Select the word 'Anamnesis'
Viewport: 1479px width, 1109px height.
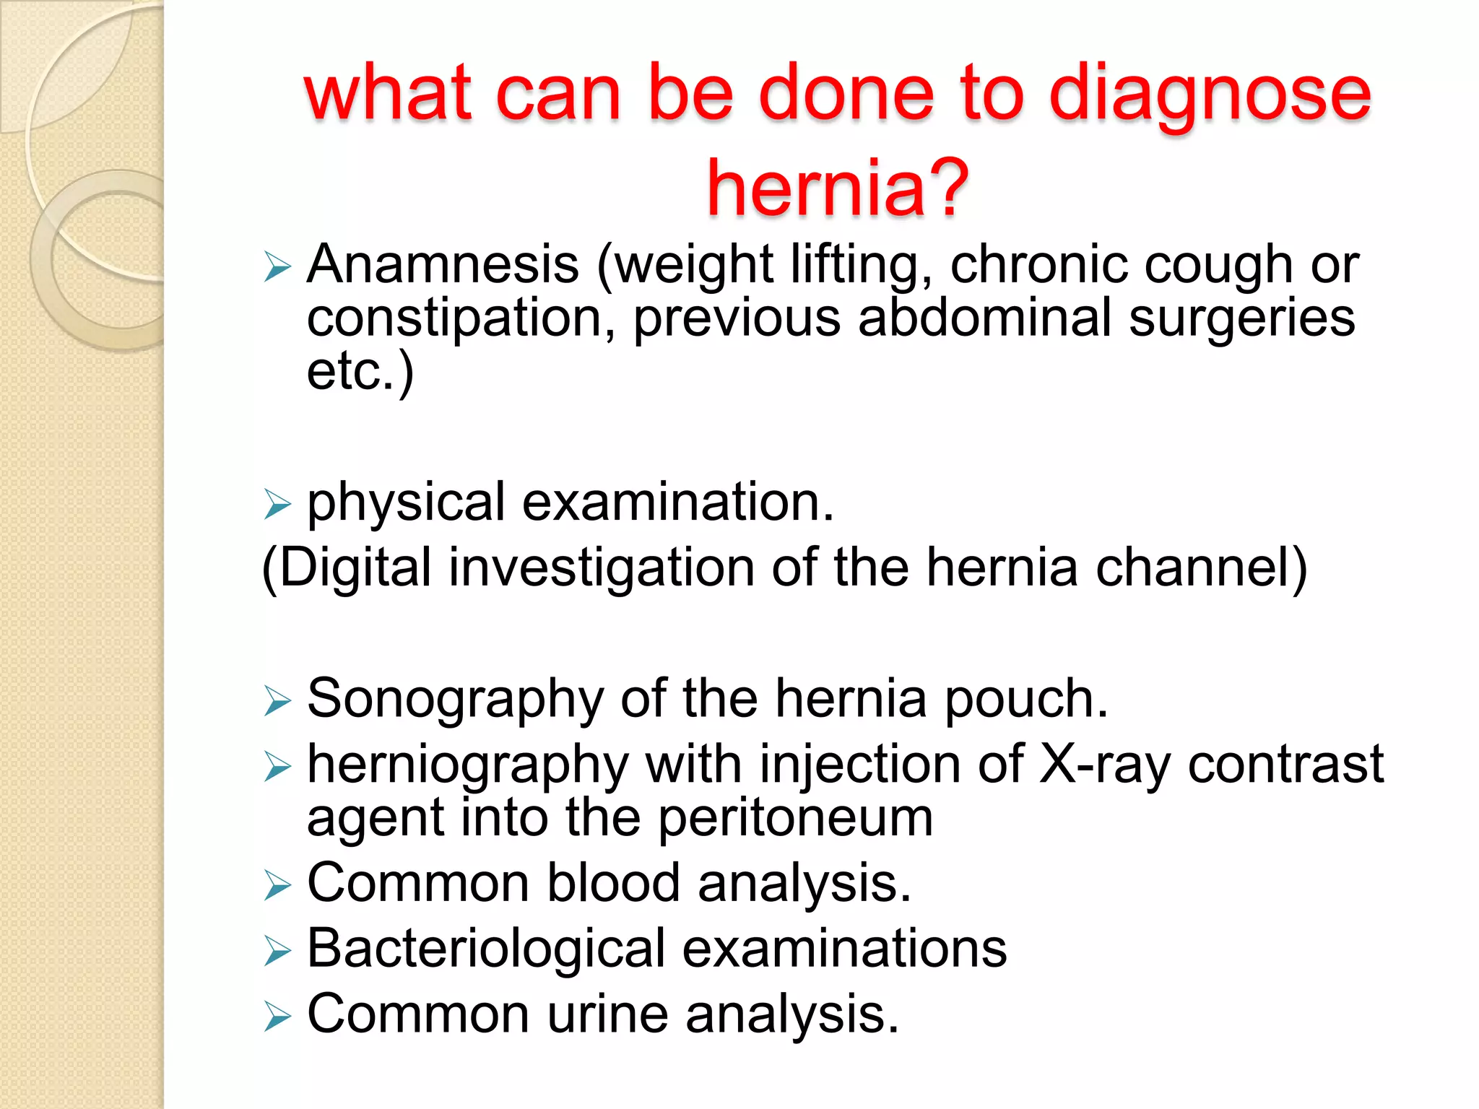(x=443, y=264)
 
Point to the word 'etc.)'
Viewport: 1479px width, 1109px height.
(x=360, y=371)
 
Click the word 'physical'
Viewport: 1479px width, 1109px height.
(x=406, y=503)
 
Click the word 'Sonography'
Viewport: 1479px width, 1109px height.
(x=456, y=699)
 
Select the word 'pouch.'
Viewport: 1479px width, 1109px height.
(x=1026, y=699)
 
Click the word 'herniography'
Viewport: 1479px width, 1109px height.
(x=468, y=765)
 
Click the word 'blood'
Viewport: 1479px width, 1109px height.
(x=613, y=883)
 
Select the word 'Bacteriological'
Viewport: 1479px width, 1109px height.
(x=486, y=949)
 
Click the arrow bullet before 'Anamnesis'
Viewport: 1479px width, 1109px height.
(x=277, y=266)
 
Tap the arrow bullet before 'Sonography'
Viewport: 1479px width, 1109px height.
(x=277, y=701)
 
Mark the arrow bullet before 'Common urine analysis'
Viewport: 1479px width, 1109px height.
(x=277, y=1017)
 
